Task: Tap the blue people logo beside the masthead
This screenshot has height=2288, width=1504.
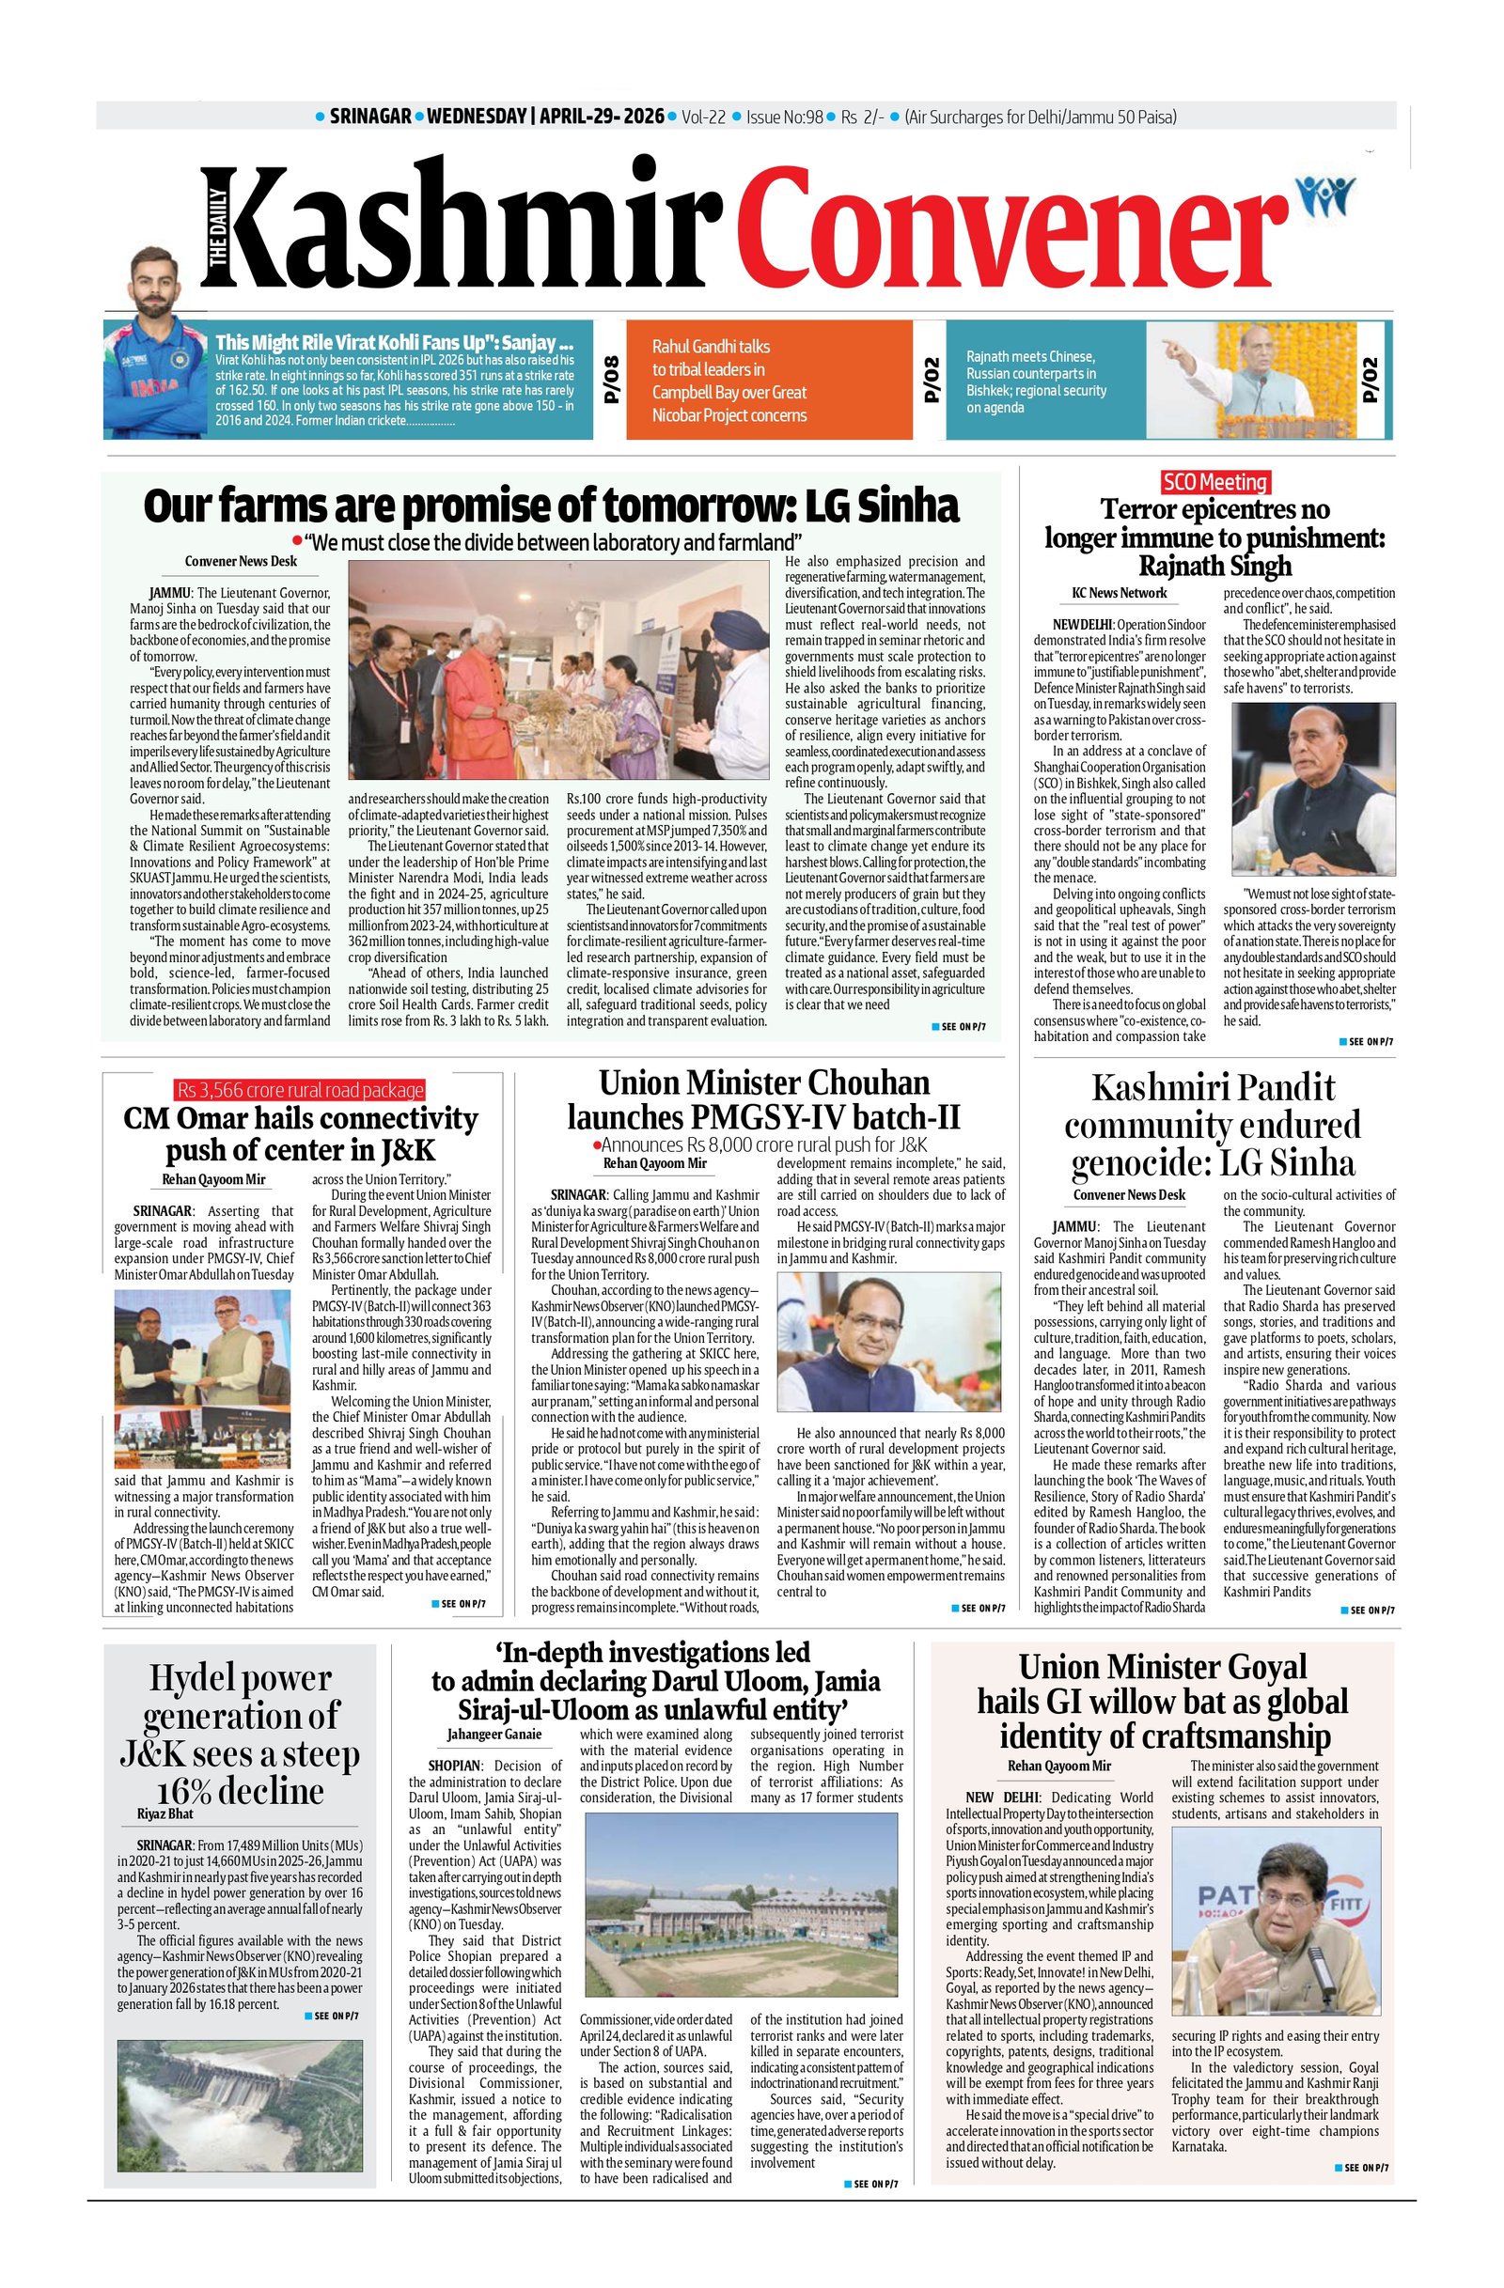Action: coord(1326,196)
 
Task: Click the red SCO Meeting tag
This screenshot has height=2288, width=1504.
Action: coord(1214,482)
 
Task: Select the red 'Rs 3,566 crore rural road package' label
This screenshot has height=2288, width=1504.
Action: coord(299,1089)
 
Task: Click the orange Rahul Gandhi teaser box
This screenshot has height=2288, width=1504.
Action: coord(767,381)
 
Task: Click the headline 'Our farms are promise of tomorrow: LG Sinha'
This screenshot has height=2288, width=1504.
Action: coord(551,505)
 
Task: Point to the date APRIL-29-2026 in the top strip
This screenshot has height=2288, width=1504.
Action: coord(601,117)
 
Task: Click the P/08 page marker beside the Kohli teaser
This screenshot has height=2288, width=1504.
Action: coord(612,380)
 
